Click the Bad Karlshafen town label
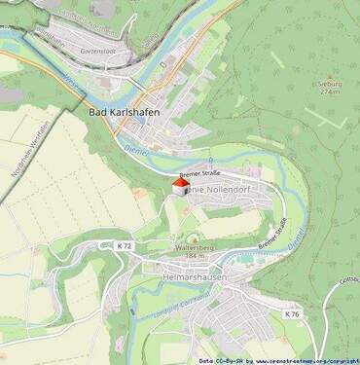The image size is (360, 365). click(x=125, y=112)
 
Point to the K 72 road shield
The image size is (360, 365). click(x=124, y=246)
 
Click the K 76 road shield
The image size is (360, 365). click(x=292, y=313)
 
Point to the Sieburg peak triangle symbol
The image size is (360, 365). click(x=328, y=76)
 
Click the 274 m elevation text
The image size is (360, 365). click(x=333, y=91)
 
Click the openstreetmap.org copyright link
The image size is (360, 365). click(x=306, y=359)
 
